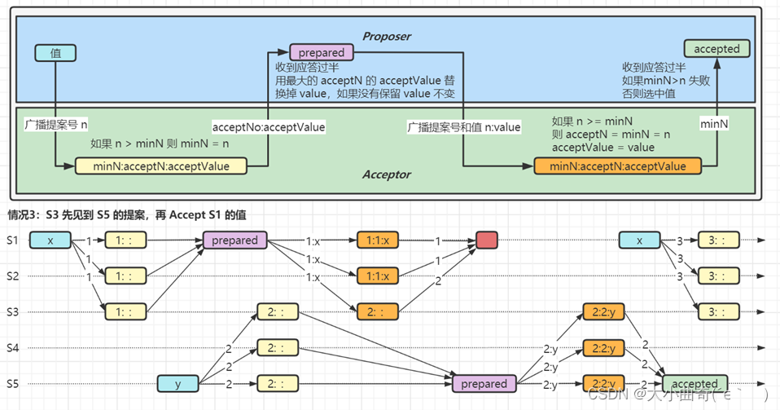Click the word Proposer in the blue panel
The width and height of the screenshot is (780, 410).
pyautogui.click(x=387, y=37)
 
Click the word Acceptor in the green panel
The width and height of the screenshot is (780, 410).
pyautogui.click(x=387, y=174)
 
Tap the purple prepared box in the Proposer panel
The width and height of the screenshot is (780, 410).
pyautogui.click(x=322, y=52)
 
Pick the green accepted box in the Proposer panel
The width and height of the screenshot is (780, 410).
pyautogui.click(x=716, y=49)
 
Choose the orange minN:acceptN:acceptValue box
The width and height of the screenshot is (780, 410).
pyautogui.click(x=618, y=166)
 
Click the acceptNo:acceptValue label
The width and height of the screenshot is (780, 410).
pyautogui.click(x=269, y=127)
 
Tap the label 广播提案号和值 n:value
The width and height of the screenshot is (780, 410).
pyautogui.click(x=464, y=127)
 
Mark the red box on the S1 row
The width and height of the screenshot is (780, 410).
pyautogui.click(x=487, y=240)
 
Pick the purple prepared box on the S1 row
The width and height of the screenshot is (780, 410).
pyautogui.click(x=234, y=240)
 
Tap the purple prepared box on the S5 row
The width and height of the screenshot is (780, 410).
pyautogui.click(x=484, y=383)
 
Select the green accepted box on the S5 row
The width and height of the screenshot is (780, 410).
pyautogui.click(x=695, y=383)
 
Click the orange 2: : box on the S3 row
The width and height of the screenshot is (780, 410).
pyautogui.click(x=379, y=311)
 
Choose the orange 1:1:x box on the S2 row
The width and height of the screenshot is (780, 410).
pyautogui.click(x=379, y=276)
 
